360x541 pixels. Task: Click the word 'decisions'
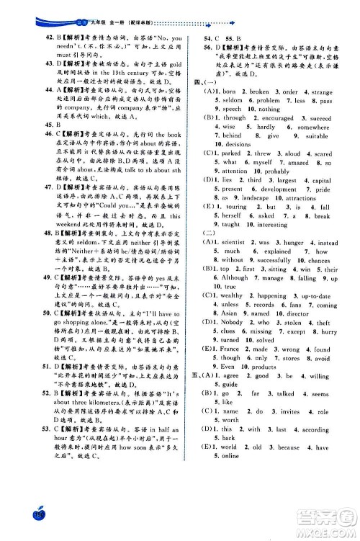pyautogui.click(x=238, y=145)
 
